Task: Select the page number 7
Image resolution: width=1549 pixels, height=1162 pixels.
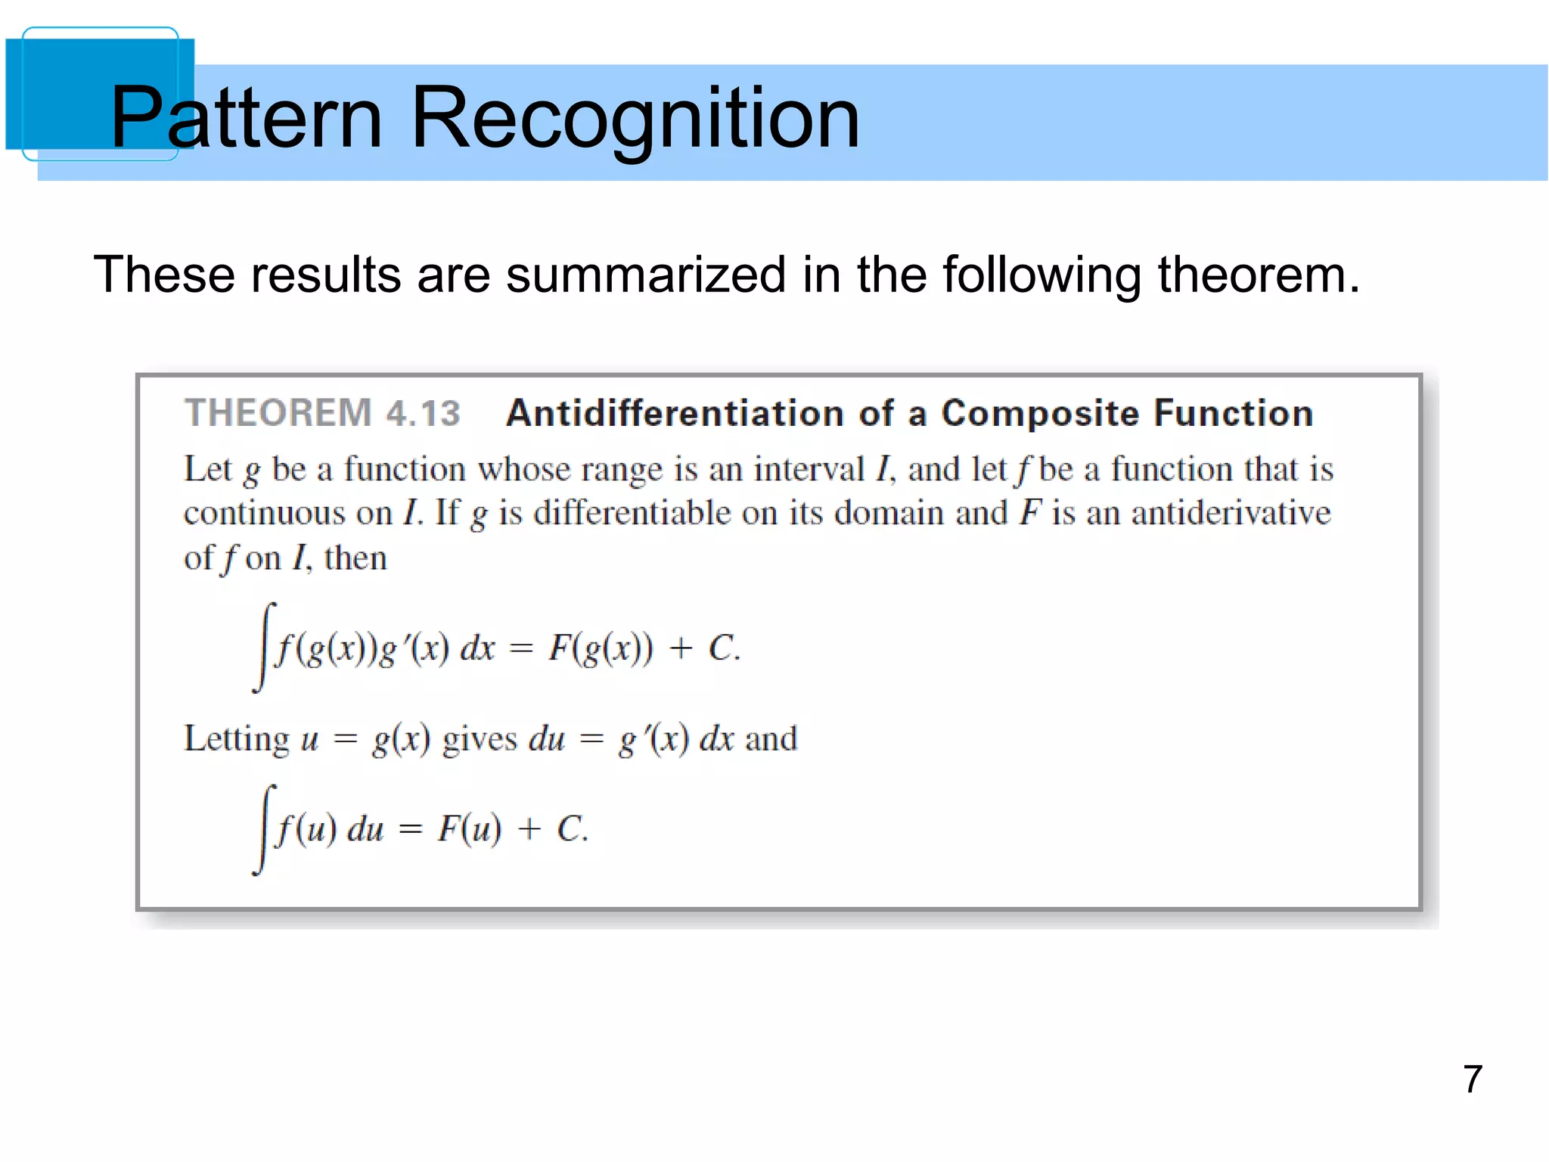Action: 1472,1079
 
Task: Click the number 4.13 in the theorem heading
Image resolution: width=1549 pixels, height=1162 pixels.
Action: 423,413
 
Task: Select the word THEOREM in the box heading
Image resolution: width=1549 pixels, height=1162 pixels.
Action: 278,413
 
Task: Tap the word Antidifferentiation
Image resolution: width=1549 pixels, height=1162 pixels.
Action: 675,413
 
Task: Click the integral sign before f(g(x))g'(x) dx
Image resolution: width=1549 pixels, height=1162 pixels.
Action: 264,648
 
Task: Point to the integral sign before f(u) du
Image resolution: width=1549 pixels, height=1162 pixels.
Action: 264,829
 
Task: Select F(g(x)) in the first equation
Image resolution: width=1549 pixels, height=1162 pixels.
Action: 600,648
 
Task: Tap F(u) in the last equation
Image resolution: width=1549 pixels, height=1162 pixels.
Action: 469,829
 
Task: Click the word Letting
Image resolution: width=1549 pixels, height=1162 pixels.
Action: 237,739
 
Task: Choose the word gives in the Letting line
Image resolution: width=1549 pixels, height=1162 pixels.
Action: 480,739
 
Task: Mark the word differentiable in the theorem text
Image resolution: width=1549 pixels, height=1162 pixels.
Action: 632,514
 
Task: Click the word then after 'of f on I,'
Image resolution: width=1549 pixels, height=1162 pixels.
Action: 355,559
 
